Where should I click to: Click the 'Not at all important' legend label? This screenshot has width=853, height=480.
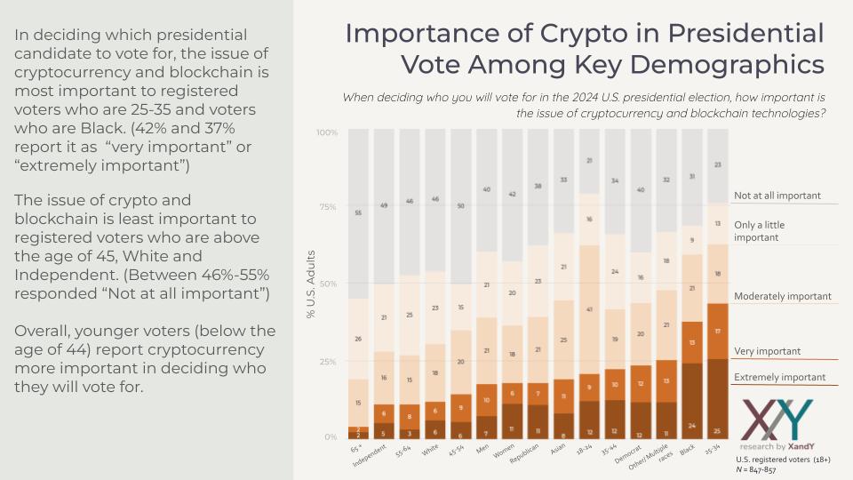[x=777, y=196]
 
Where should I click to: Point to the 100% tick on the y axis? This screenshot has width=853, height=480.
[x=326, y=132]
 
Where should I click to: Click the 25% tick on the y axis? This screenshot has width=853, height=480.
[x=328, y=362]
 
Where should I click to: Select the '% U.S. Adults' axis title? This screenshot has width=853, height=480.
[x=313, y=284]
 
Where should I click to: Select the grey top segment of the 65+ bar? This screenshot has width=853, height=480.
[x=357, y=213]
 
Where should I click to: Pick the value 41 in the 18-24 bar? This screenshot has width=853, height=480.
[x=589, y=309]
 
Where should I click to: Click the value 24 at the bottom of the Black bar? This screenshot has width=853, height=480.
[x=691, y=424]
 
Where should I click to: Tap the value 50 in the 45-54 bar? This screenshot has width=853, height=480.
[x=460, y=205]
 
